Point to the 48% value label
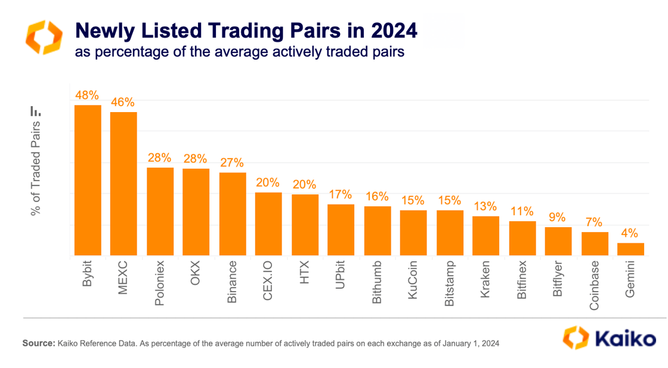(x=87, y=95)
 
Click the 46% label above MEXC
(x=123, y=102)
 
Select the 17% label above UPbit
(x=341, y=194)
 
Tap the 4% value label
(x=630, y=233)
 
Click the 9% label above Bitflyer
(x=558, y=217)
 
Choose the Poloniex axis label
(x=160, y=282)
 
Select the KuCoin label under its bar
(x=413, y=280)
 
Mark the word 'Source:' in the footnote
(x=39, y=344)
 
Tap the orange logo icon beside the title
(x=43, y=37)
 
